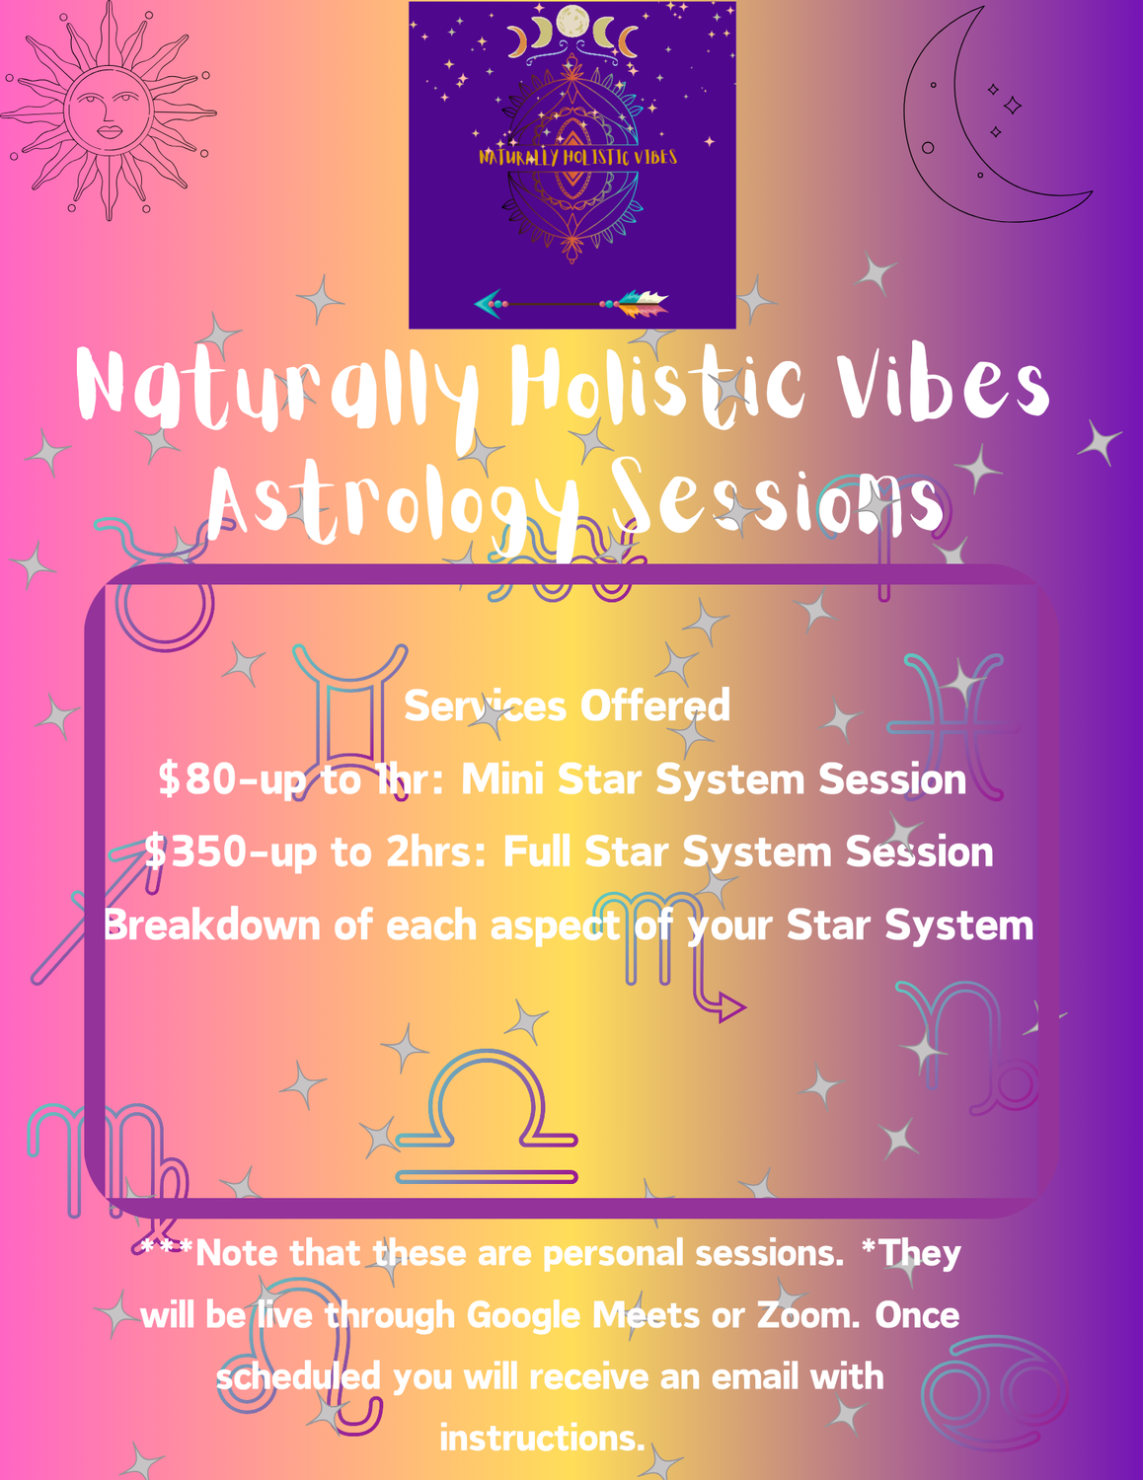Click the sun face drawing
coord(109,111)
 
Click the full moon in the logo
coord(571,22)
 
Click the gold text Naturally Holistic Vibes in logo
coord(577,157)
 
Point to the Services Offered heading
coord(567,704)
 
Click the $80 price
coord(194,778)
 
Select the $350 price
coord(194,851)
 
